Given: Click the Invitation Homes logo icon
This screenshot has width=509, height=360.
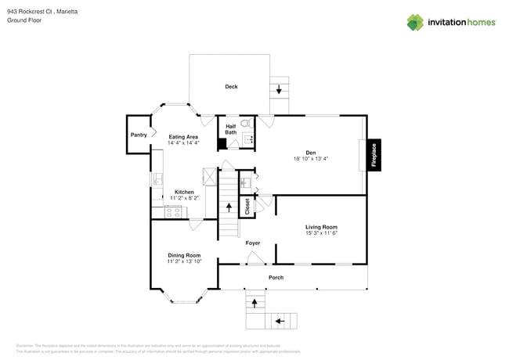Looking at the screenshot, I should (415, 23).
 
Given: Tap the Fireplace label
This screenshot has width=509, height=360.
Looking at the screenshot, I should (374, 155).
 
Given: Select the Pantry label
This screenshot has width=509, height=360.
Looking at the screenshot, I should (139, 135).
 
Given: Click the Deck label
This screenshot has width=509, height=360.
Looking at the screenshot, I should (231, 87).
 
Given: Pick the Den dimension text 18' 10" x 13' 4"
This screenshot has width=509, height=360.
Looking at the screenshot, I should (310, 159).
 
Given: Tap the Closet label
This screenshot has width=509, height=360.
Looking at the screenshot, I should (247, 206).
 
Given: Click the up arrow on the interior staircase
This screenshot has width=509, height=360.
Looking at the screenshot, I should (229, 207).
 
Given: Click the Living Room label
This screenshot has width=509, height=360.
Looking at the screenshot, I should (321, 227).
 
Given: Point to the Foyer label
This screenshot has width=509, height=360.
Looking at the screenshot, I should (252, 243).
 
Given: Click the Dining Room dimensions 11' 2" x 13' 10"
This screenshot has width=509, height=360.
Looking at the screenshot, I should (184, 261).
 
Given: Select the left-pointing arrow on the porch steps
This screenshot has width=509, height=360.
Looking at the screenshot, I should (280, 321).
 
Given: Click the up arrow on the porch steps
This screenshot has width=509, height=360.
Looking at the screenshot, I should (253, 302).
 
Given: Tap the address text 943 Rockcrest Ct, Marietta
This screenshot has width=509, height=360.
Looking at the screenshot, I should (36, 12).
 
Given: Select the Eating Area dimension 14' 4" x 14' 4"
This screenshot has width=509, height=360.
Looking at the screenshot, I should (183, 143).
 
